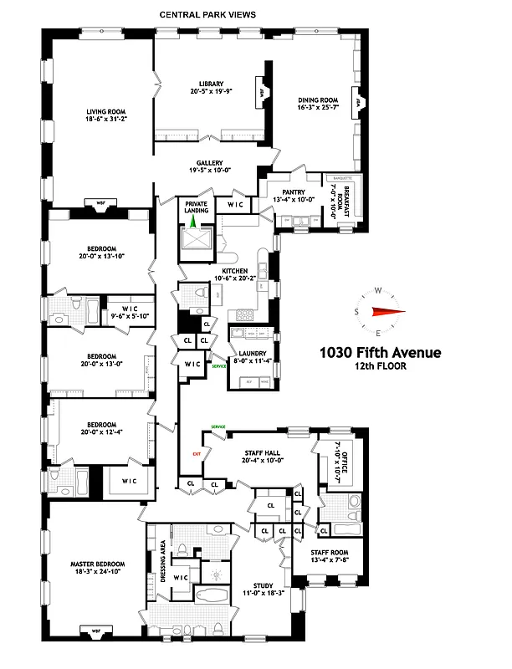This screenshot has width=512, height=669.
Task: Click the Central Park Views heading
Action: (208, 15)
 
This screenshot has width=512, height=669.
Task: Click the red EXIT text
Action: (197, 454)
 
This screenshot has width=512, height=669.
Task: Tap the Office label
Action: (342, 457)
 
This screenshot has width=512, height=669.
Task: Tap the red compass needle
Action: (388, 313)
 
